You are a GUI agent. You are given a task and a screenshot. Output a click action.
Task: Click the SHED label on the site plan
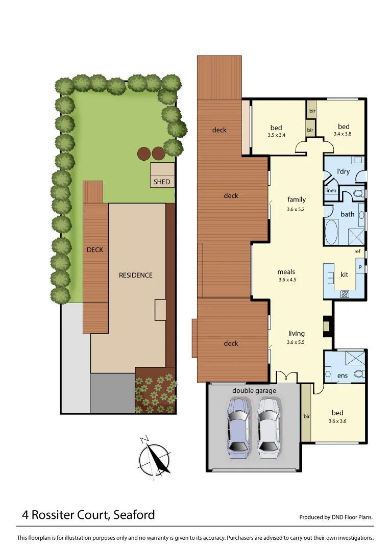tap(162, 182)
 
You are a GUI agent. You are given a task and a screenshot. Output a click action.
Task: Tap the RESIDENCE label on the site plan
tap(135, 275)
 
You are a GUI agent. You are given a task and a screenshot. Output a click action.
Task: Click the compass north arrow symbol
tap(156, 458)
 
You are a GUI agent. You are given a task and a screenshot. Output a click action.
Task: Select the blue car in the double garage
tap(239, 428)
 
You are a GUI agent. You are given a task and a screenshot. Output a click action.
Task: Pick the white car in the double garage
tap(269, 428)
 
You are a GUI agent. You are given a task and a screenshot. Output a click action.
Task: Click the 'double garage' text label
tap(254, 391)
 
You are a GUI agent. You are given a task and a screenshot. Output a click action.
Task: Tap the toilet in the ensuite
tap(359, 374)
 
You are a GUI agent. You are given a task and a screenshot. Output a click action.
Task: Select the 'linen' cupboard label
tap(331, 191)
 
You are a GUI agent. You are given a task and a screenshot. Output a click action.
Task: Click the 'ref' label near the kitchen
tap(357, 252)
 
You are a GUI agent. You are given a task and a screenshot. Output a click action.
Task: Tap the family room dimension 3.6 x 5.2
tap(296, 209)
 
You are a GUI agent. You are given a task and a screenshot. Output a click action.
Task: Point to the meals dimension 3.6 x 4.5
tap(287, 280)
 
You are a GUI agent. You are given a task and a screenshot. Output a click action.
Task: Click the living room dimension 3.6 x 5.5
tap(296, 342)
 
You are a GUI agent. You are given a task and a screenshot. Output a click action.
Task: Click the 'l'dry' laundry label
tap(343, 171)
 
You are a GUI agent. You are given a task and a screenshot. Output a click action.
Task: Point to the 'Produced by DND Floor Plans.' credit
tap(336, 517)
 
